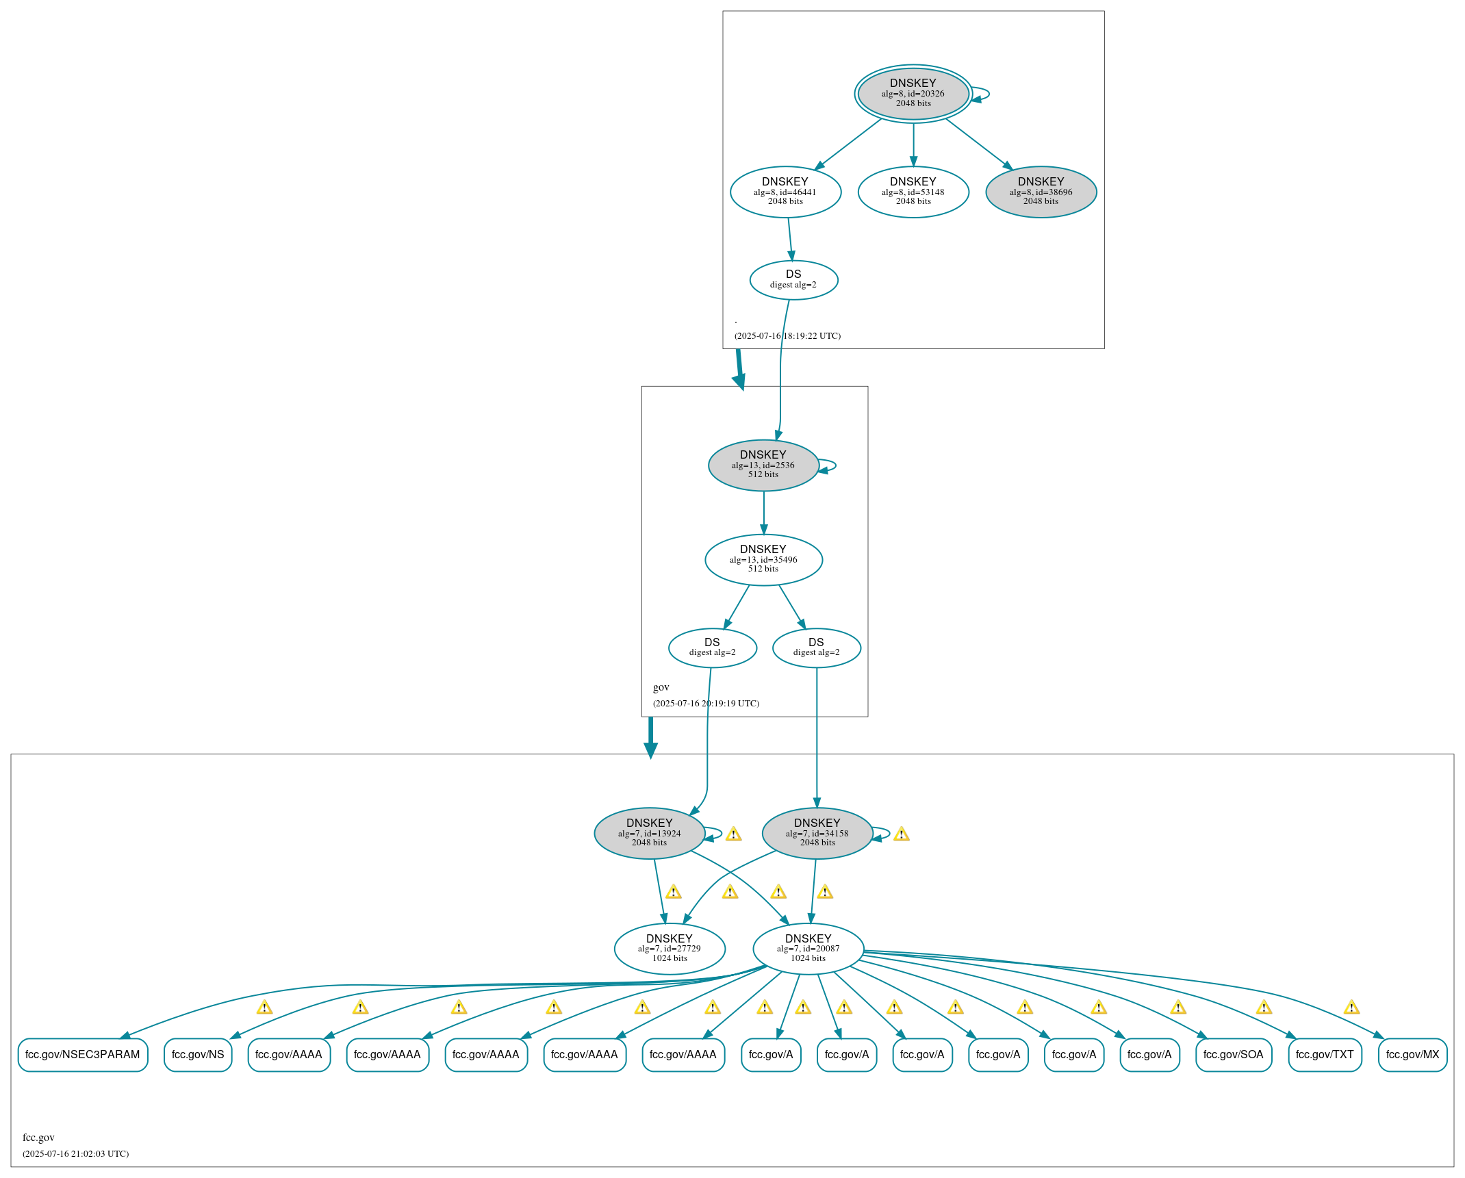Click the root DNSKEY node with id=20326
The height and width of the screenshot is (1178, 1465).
click(913, 93)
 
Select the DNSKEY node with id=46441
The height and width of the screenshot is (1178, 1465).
click(785, 192)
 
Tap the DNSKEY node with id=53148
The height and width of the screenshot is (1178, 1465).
click(913, 192)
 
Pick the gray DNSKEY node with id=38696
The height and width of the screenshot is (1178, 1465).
click(1041, 192)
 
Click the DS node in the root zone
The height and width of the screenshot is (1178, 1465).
click(793, 279)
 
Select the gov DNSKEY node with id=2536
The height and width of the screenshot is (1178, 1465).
click(763, 465)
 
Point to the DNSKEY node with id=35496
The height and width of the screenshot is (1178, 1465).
click(763, 559)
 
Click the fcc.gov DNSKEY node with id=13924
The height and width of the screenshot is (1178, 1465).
click(649, 833)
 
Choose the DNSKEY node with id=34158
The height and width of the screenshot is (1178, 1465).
click(817, 833)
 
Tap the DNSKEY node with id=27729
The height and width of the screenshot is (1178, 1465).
click(670, 948)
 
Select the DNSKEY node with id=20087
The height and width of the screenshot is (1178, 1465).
click(808, 948)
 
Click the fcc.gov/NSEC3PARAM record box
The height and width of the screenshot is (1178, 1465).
click(83, 1054)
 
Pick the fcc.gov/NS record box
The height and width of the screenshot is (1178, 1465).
click(198, 1054)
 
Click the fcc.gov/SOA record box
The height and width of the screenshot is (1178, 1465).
click(1233, 1054)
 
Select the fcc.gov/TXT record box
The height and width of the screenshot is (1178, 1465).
click(1325, 1054)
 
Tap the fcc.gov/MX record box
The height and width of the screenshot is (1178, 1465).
click(1412, 1054)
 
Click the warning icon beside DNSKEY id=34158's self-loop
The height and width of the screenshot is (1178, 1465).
click(902, 834)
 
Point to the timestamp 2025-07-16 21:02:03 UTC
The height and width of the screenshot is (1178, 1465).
click(75, 1153)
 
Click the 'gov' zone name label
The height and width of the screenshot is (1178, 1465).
click(661, 687)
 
